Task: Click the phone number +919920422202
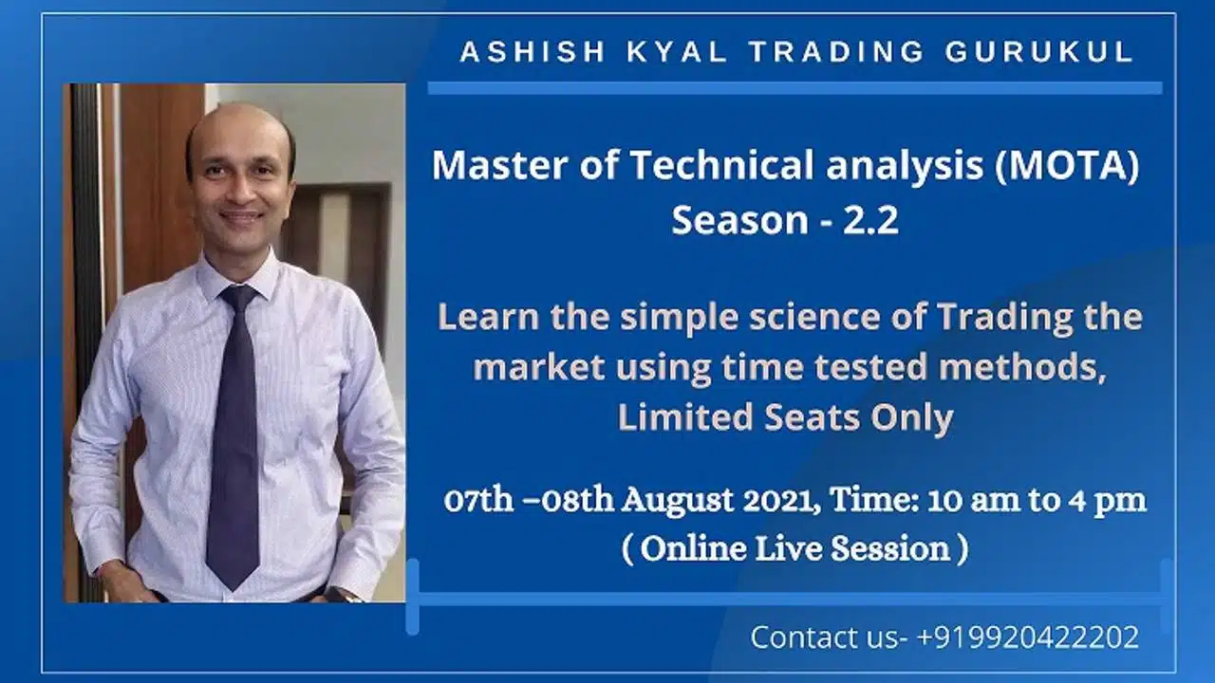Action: [1027, 637]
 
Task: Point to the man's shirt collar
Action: [237, 275]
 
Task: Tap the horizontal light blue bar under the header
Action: [794, 88]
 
